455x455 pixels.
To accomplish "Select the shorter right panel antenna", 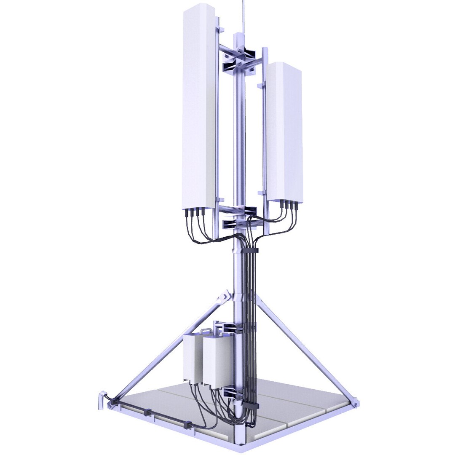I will click(x=284, y=131).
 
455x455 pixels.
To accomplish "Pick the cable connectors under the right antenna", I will click(x=288, y=205).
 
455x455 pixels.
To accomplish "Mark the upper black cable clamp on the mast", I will click(x=250, y=251).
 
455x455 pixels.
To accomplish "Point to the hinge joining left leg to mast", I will click(x=223, y=297).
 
